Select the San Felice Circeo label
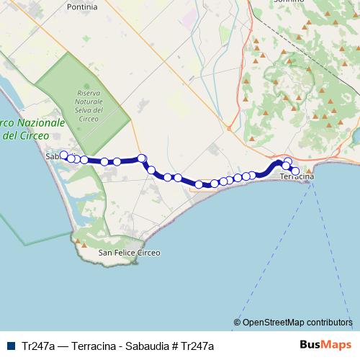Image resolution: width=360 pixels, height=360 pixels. point(130,253)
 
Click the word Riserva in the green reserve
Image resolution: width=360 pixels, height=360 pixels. point(90,94)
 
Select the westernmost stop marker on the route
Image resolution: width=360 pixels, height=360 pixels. point(63,155)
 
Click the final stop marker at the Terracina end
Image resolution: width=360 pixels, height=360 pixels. point(294,171)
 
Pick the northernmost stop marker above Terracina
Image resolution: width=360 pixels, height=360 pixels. point(288,161)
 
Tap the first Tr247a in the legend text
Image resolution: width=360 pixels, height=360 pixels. point(39,346)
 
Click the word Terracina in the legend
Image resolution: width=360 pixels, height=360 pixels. point(95,346)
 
